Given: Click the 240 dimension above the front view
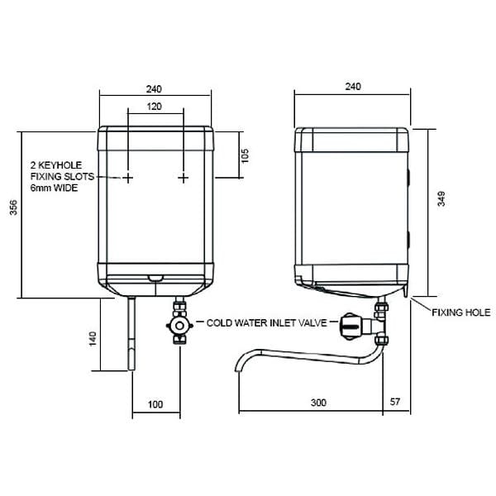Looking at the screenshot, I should [154, 88].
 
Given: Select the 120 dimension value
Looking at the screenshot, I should [154, 107].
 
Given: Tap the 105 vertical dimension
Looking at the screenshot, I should [246, 155].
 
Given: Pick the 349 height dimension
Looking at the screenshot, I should [441, 199].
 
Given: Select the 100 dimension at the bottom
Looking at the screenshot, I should [155, 403].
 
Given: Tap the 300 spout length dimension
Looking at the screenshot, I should [318, 403].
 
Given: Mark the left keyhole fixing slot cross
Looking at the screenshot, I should [128, 178].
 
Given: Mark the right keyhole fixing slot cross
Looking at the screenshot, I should [183, 178].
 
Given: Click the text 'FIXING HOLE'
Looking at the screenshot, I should [461, 312].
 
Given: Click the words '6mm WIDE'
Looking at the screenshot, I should [53, 189].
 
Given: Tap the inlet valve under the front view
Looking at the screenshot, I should [179, 325].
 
